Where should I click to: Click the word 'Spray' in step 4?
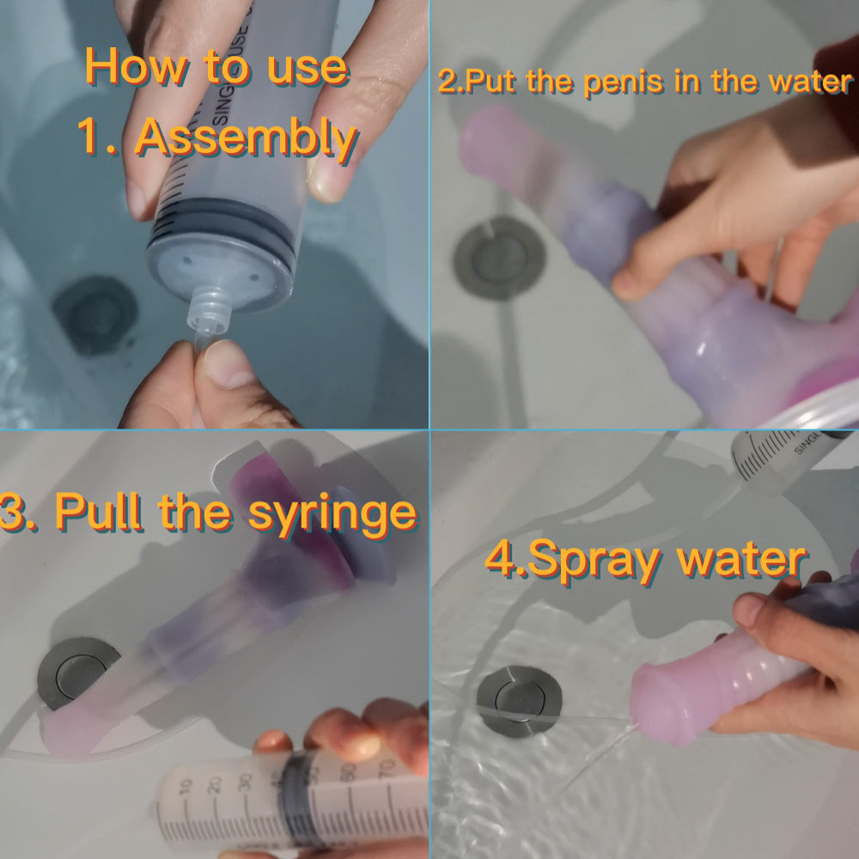[x=594, y=560]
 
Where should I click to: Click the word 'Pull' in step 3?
[x=98, y=512]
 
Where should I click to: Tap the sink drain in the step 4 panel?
[x=519, y=701]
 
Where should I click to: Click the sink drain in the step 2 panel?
[x=499, y=258]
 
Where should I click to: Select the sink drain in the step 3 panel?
[x=76, y=673]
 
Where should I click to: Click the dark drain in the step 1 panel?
[x=95, y=315]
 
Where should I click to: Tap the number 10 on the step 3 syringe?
[x=186, y=787]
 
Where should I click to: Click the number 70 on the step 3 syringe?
[x=387, y=769]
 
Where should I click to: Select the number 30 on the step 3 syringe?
[x=247, y=781]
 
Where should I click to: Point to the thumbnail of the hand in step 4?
[x=749, y=610]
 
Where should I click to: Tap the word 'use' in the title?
[x=308, y=70]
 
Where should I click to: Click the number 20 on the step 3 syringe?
[x=216, y=784]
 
